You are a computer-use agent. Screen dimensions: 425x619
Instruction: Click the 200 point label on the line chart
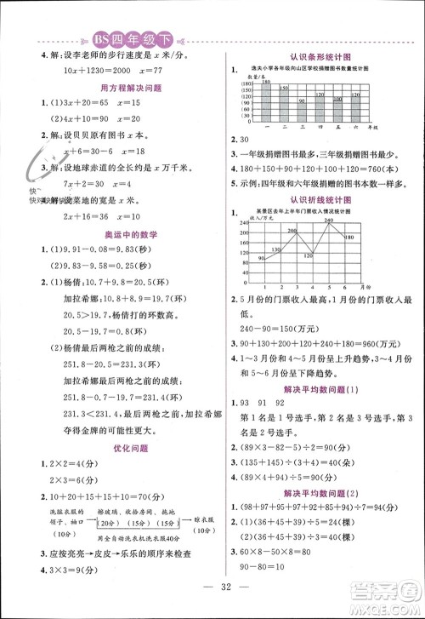point(292,231)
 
